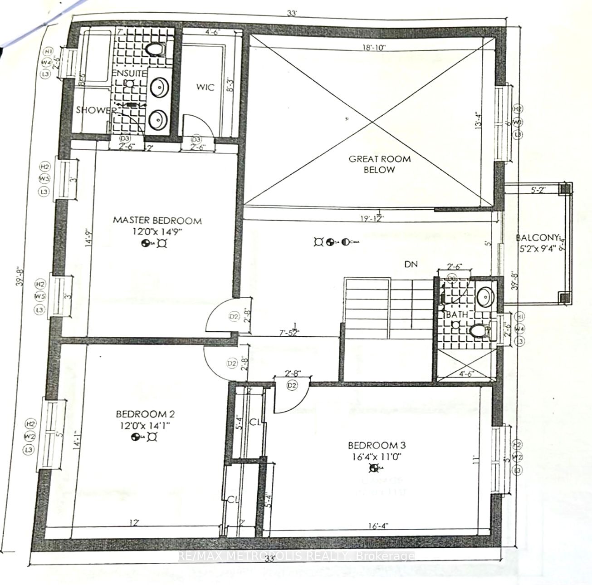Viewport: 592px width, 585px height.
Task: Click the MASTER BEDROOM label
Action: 157,221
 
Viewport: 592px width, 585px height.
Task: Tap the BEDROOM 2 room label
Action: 145,414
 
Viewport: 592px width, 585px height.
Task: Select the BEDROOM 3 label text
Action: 375,445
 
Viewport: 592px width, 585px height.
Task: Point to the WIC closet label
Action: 205,87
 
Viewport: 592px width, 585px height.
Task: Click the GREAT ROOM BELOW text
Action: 379,164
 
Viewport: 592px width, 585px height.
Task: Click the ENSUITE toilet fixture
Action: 155,49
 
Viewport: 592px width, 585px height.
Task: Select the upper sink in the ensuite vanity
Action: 159,87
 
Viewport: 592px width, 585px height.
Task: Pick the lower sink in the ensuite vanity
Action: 159,120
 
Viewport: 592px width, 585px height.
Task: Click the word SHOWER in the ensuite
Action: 96,110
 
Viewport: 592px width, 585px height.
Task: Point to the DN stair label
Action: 411,264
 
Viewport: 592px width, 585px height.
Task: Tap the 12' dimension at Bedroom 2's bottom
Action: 133,523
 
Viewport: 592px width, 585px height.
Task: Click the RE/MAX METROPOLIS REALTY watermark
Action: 296,556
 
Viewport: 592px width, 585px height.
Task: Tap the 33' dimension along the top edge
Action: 292,14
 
